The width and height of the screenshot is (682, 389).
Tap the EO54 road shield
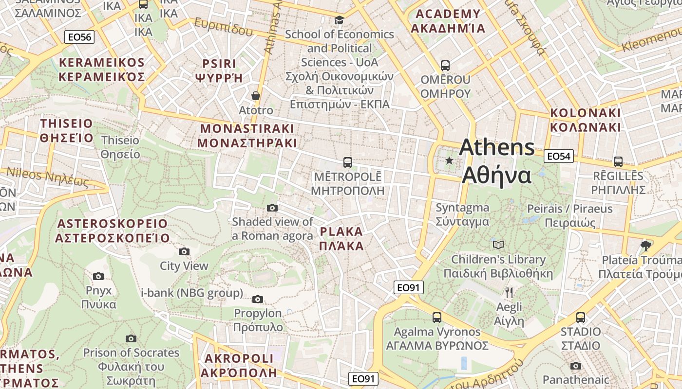pyautogui.click(x=558, y=156)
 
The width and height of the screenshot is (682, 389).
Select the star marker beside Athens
pyautogui.click(x=449, y=160)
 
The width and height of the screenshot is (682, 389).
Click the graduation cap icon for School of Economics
pyautogui.click(x=339, y=20)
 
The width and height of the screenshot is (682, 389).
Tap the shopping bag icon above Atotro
pyautogui.click(x=256, y=96)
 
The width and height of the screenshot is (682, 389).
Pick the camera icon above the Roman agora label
pyautogui.click(x=272, y=208)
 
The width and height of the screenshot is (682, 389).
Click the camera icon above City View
pyautogui.click(x=184, y=251)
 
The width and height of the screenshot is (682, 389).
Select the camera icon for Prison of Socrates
pyautogui.click(x=131, y=338)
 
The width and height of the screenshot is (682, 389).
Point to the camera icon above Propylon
pyautogui.click(x=258, y=299)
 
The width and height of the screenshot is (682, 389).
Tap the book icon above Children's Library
pyautogui.click(x=498, y=245)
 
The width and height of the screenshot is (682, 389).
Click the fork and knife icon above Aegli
pyautogui.click(x=509, y=292)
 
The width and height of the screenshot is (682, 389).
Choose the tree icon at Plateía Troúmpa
pyautogui.click(x=646, y=246)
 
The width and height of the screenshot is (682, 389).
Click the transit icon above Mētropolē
pyautogui.click(x=347, y=162)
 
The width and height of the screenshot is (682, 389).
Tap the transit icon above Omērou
pyautogui.click(x=445, y=65)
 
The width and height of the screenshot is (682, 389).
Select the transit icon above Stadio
pyautogui.click(x=580, y=318)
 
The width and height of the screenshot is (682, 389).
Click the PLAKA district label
pyautogui.click(x=341, y=238)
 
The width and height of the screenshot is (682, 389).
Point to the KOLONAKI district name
pyautogui.click(x=586, y=120)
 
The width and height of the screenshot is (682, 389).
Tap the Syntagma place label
pyautogui.click(x=462, y=214)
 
